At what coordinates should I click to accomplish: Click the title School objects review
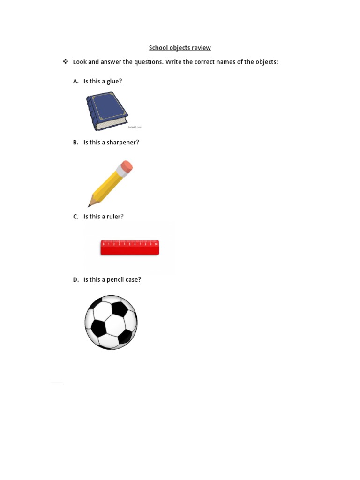pos(180,48)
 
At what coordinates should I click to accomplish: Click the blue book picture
pos(107,111)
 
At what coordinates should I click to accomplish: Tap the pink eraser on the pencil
pos(127,166)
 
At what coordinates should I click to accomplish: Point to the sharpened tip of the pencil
pos(90,205)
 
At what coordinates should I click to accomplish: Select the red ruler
pos(130,247)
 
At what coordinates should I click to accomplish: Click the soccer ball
pos(111,322)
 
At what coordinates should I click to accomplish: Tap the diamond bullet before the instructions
pos(66,61)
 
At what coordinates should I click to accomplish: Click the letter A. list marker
pos(75,81)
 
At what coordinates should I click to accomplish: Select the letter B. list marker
pos(75,142)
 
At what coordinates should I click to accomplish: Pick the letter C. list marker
pos(75,217)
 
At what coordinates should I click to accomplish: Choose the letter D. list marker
pos(75,279)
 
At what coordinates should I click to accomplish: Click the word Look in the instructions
pos(80,62)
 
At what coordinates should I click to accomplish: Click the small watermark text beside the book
pos(135,127)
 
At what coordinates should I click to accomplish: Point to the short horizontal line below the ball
pos(57,383)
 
